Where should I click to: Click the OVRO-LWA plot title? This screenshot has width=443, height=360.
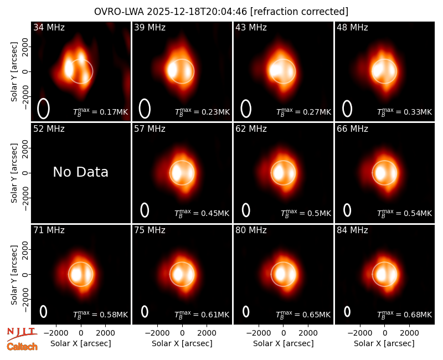(x=221, y=12)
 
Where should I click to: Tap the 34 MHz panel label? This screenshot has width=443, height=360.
(x=49, y=27)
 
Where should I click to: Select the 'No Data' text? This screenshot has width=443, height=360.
(x=80, y=172)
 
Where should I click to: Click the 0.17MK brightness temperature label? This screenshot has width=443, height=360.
(x=101, y=112)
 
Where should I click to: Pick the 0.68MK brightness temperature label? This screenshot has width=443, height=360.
(x=405, y=314)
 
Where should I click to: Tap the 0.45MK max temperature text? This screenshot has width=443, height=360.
(x=202, y=213)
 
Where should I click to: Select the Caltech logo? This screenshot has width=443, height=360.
(x=22, y=347)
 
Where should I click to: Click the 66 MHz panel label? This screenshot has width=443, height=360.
(x=352, y=129)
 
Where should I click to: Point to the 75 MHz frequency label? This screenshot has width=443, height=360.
(x=150, y=230)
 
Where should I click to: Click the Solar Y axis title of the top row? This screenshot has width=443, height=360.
(x=14, y=72)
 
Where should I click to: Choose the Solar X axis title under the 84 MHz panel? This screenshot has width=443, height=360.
(x=384, y=343)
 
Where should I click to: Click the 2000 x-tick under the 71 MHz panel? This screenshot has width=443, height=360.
(x=105, y=333)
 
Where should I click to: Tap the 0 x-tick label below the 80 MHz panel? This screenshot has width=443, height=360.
(x=284, y=333)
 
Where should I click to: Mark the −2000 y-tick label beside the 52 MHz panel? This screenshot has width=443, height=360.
(x=25, y=198)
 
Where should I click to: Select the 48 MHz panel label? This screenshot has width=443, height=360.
(x=352, y=27)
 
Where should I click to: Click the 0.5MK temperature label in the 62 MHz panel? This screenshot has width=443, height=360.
(x=306, y=213)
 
